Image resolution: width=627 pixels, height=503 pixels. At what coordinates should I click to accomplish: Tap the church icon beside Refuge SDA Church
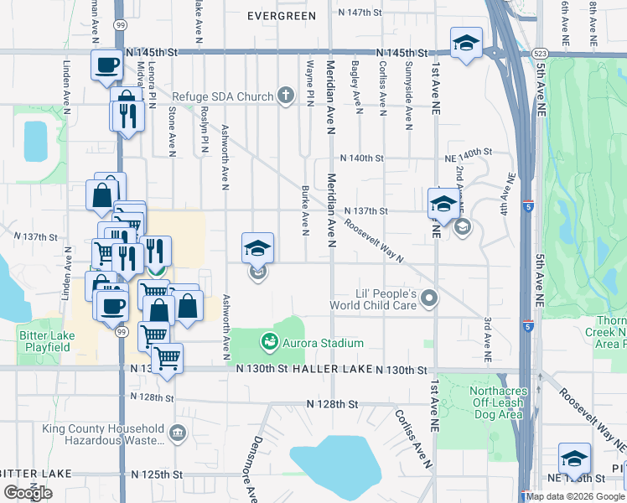coord(286,96)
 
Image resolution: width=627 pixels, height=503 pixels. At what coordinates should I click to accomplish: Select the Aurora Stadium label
coord(323,343)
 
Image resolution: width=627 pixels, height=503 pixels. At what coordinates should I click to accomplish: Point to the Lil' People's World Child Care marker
coord(429,298)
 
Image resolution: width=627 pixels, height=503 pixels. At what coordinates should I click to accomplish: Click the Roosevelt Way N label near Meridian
coord(374,238)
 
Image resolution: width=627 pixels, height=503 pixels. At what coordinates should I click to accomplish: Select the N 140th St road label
coord(360,158)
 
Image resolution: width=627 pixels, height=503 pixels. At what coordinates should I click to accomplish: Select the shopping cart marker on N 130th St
coord(168,358)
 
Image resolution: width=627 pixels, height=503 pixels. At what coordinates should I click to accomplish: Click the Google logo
coord(28,493)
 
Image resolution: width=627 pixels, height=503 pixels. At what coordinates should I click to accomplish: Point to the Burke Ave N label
coord(305,211)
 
